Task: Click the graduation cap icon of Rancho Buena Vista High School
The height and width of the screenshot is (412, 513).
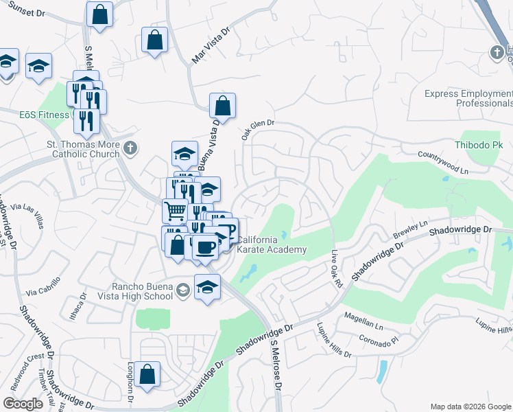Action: point(183,290)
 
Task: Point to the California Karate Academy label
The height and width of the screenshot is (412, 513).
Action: point(271,244)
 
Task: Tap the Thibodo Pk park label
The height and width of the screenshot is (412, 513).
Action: point(479,146)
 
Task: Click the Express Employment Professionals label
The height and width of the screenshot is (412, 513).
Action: point(468,98)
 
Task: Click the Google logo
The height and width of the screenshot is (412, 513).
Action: point(23,404)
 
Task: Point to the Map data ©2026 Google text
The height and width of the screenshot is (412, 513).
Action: point(470,407)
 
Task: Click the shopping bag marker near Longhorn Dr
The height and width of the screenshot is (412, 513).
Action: point(147,375)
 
